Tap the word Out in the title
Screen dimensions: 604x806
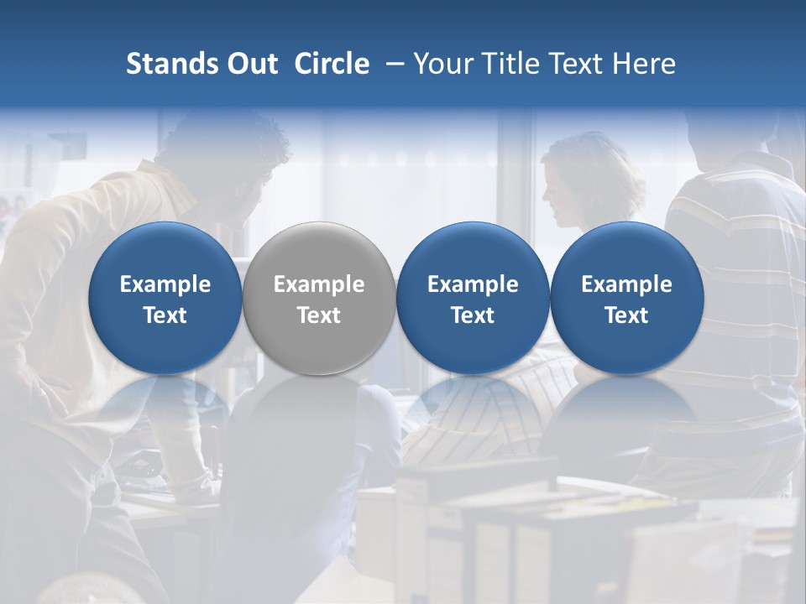(x=252, y=64)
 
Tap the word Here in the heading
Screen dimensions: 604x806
(x=645, y=64)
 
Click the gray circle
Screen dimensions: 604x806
(x=319, y=299)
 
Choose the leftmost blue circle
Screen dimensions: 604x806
(x=165, y=299)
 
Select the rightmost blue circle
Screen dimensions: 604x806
(x=626, y=299)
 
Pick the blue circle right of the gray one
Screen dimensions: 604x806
(x=473, y=299)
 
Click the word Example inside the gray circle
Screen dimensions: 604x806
(x=319, y=284)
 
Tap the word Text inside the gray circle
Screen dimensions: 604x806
(x=319, y=315)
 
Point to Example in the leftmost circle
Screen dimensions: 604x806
(x=165, y=284)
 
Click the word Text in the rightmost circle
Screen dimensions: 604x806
(x=626, y=315)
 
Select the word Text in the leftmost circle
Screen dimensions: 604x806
(x=165, y=315)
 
